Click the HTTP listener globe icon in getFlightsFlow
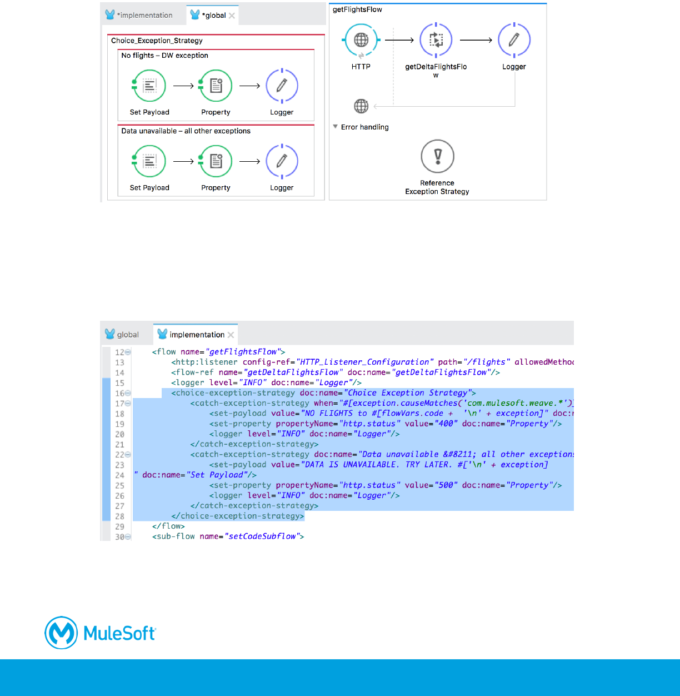[361, 40]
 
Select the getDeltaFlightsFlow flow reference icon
[436, 40]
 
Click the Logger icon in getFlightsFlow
[514, 40]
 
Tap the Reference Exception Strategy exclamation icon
[437, 156]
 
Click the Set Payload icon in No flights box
[149, 86]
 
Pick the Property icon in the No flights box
[216, 86]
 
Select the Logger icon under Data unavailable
[282, 161]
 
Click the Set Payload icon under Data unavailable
[149, 161]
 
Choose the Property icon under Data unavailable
[216, 161]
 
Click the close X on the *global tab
[232, 16]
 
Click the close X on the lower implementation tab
[231, 335]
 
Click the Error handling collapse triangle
[336, 127]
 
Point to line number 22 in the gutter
[119, 455]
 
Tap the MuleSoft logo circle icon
[61, 633]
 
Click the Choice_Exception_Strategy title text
[157, 41]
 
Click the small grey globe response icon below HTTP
[361, 106]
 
